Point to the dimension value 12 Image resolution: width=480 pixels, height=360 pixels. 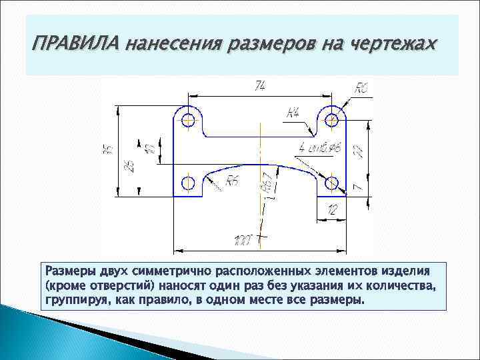pyautogui.click(x=331, y=211)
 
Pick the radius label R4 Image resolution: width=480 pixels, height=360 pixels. pyautogui.click(x=293, y=114)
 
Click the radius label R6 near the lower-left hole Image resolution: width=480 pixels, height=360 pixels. pyautogui.click(x=232, y=180)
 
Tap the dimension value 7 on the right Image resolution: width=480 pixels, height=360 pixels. pyautogui.click(x=358, y=188)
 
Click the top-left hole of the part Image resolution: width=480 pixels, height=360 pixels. pyautogui.click(x=188, y=120)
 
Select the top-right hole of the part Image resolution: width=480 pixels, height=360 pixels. pyautogui.click(x=331, y=120)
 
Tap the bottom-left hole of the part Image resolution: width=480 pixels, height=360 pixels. pyautogui.click(x=188, y=182)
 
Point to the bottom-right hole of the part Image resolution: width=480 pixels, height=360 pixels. pyautogui.click(x=331, y=182)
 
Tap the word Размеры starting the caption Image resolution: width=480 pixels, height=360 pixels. pyautogui.click(x=70, y=272)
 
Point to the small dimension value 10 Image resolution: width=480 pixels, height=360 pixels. pyautogui.click(x=149, y=148)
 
